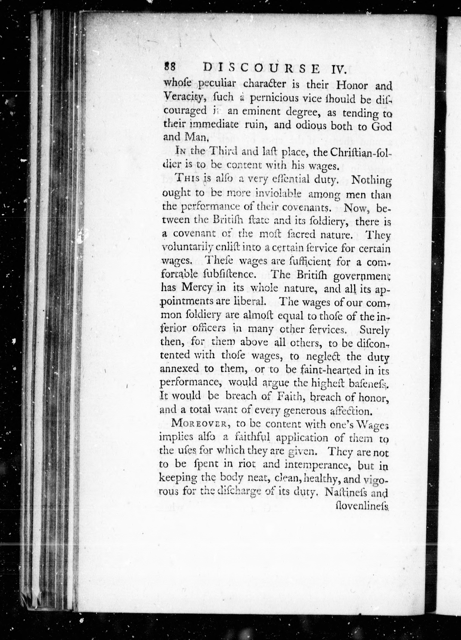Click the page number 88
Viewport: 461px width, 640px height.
click(x=170, y=68)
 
